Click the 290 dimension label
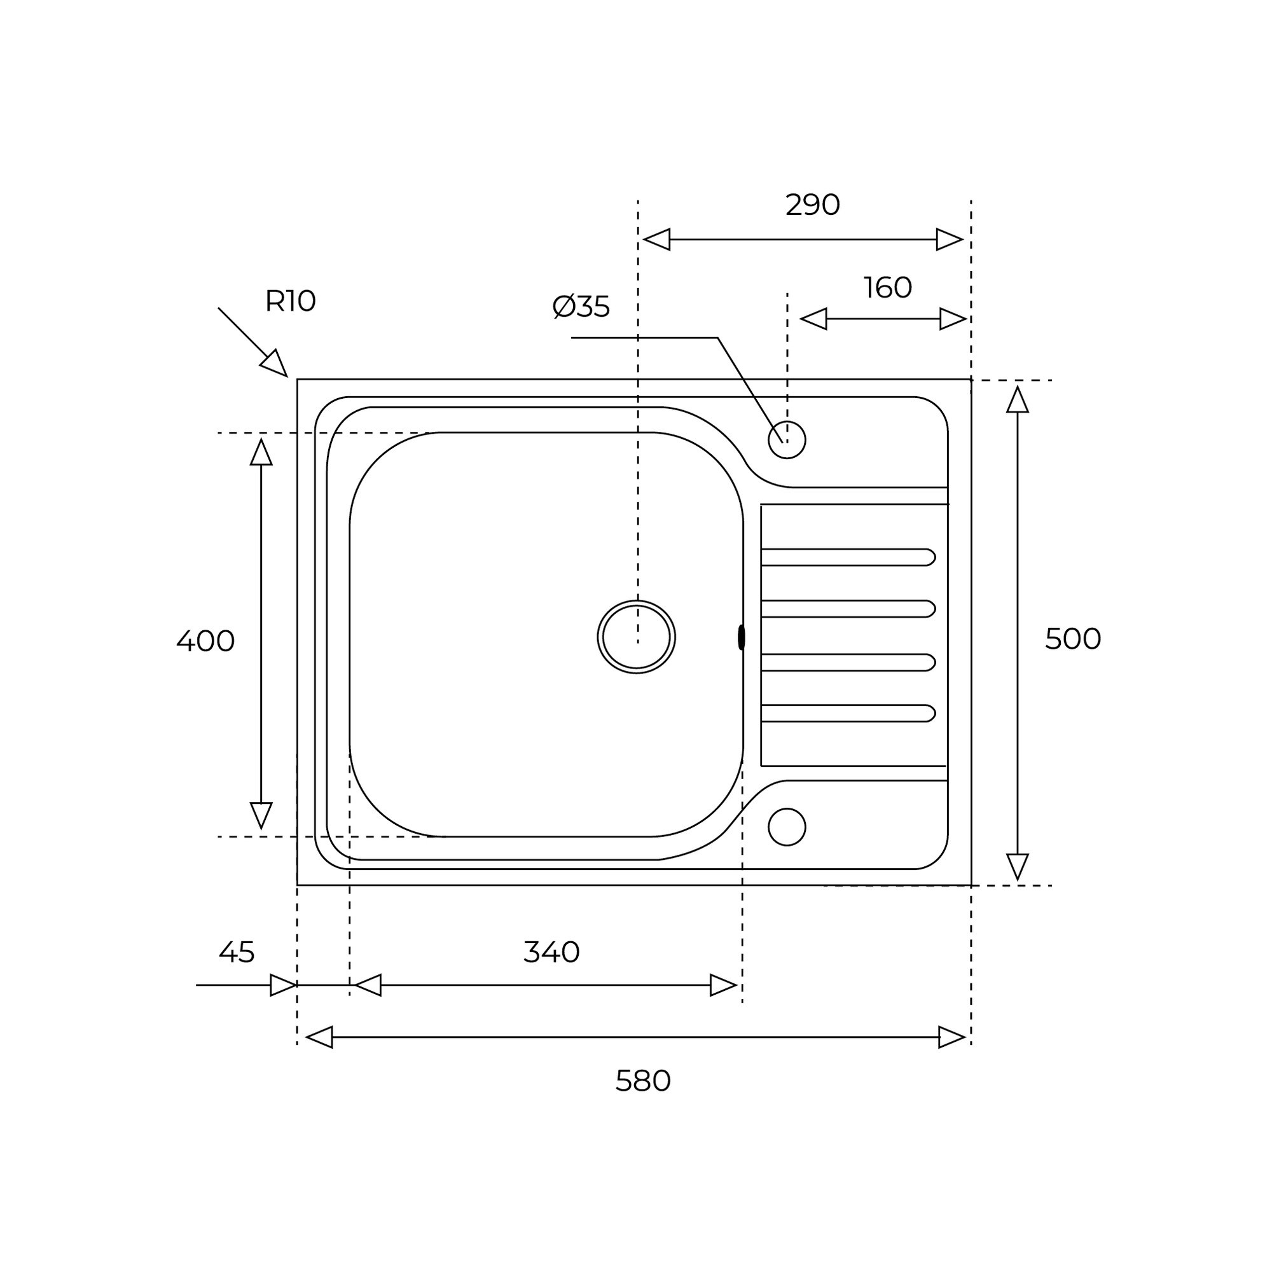812,205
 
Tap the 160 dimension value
887,287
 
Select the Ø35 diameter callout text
581,307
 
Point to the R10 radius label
291,301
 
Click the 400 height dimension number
205,641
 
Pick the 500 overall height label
1073,639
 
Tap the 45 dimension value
237,952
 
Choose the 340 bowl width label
551,952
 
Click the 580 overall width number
643,1081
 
